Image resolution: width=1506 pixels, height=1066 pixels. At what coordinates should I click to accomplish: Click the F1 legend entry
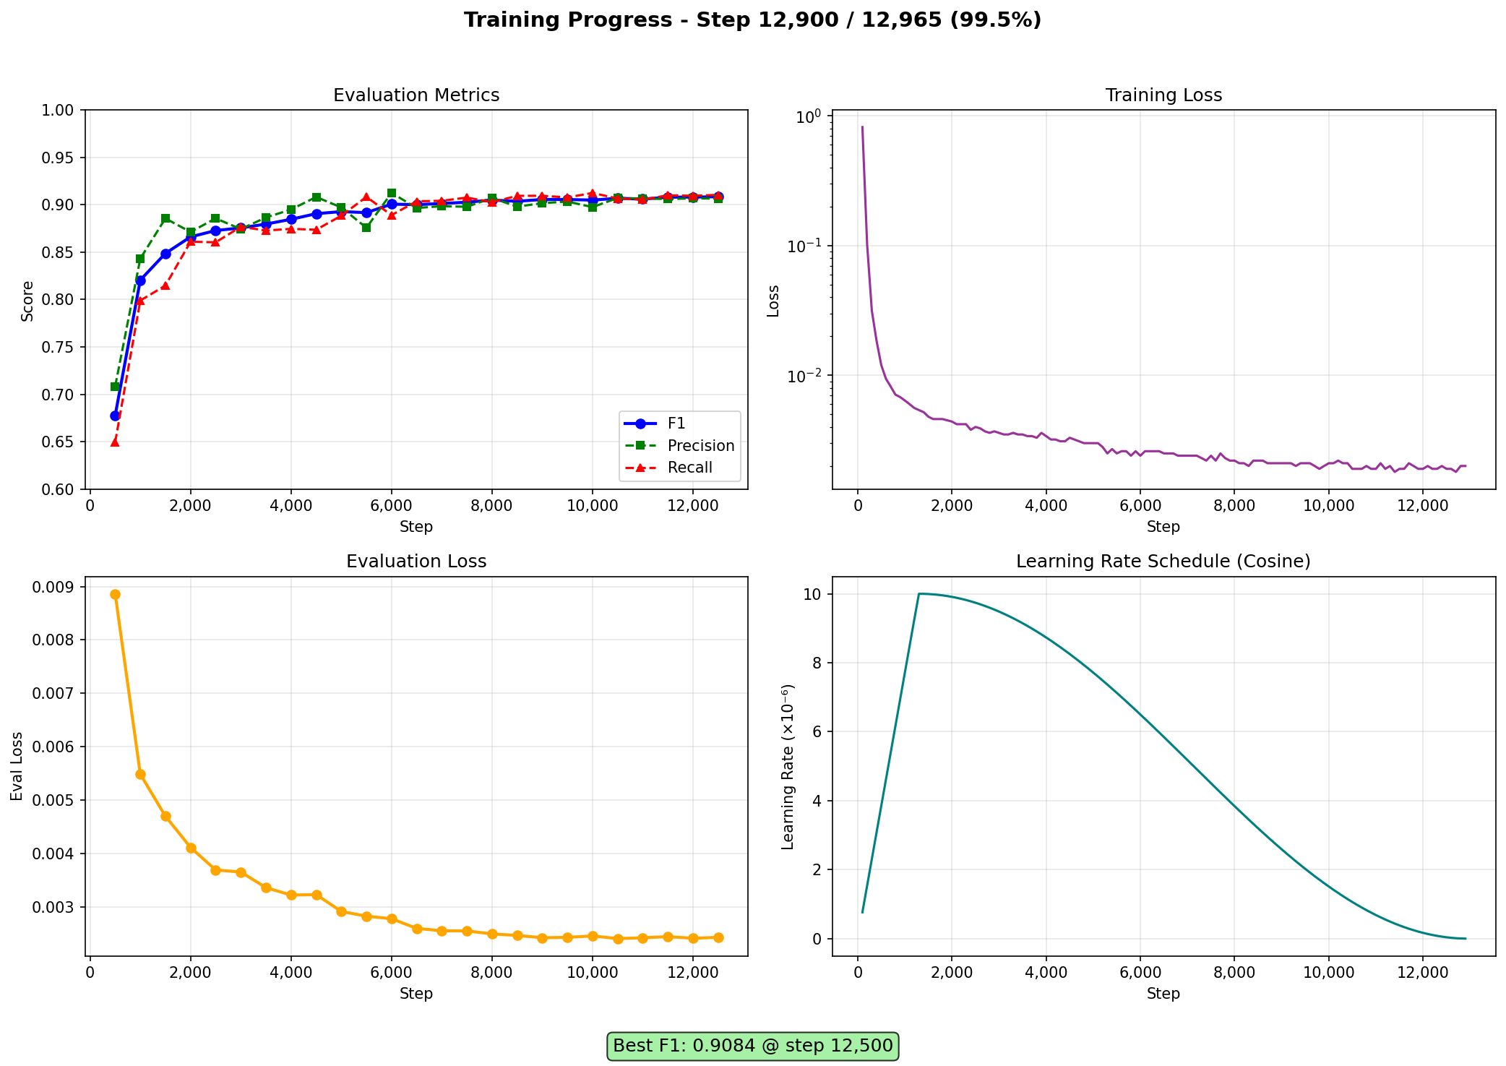click(676, 424)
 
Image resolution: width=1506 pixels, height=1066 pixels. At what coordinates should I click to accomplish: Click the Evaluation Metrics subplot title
click(416, 95)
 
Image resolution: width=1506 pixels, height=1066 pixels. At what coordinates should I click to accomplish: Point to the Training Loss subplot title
click(1163, 95)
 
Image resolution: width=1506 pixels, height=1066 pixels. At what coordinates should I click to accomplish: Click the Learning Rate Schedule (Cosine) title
click(1163, 562)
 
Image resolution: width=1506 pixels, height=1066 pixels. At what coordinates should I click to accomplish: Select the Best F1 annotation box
click(752, 1046)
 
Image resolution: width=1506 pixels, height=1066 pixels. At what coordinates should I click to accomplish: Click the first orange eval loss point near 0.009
click(115, 594)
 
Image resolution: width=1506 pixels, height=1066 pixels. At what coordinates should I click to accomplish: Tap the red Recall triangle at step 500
click(115, 442)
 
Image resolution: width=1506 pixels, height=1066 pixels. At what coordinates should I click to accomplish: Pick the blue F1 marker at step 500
click(115, 416)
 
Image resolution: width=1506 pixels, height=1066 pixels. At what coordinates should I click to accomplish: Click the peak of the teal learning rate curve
click(918, 593)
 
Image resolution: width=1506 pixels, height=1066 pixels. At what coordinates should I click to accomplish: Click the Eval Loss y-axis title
click(17, 766)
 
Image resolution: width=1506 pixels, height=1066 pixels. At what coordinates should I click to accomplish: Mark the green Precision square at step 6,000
click(392, 194)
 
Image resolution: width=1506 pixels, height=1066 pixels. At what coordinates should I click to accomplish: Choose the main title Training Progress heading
click(752, 20)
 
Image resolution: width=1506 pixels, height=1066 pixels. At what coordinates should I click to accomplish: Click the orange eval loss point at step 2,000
click(191, 848)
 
